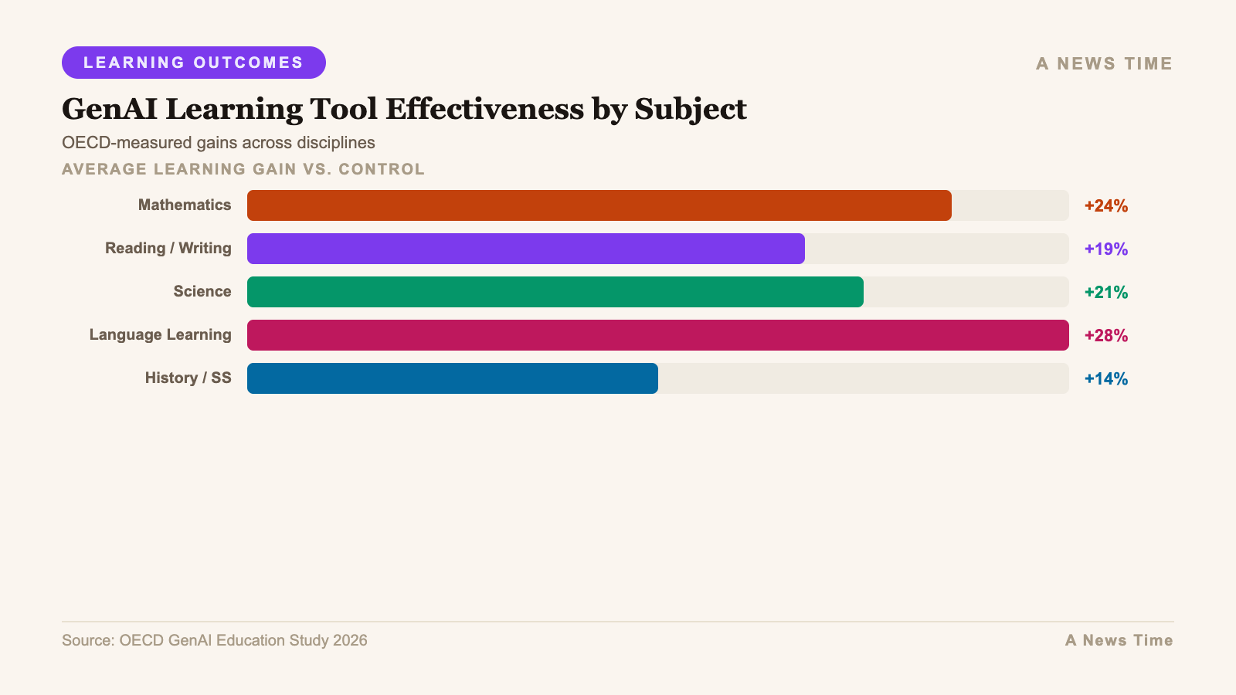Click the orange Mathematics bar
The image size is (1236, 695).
click(599, 205)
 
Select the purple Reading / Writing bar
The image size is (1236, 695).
click(525, 249)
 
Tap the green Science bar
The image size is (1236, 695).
click(555, 292)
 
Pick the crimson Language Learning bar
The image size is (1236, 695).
click(657, 335)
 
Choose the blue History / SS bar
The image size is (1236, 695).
click(452, 378)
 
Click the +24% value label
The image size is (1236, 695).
click(1105, 205)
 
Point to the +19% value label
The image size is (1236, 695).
click(1105, 249)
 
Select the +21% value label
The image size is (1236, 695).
click(1105, 292)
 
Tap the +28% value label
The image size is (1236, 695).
click(1105, 335)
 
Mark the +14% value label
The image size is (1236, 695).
click(1105, 378)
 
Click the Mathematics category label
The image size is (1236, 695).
click(185, 205)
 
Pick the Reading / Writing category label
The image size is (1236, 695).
click(168, 248)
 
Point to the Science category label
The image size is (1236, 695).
click(202, 291)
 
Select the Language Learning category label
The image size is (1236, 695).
click(160, 334)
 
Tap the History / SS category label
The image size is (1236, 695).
click(188, 378)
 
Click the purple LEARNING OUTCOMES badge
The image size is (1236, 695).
click(193, 63)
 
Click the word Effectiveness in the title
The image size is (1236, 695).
click(484, 109)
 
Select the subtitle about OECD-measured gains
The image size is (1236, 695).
click(219, 143)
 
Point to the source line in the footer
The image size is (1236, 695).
click(215, 640)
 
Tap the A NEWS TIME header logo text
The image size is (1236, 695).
click(1104, 63)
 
